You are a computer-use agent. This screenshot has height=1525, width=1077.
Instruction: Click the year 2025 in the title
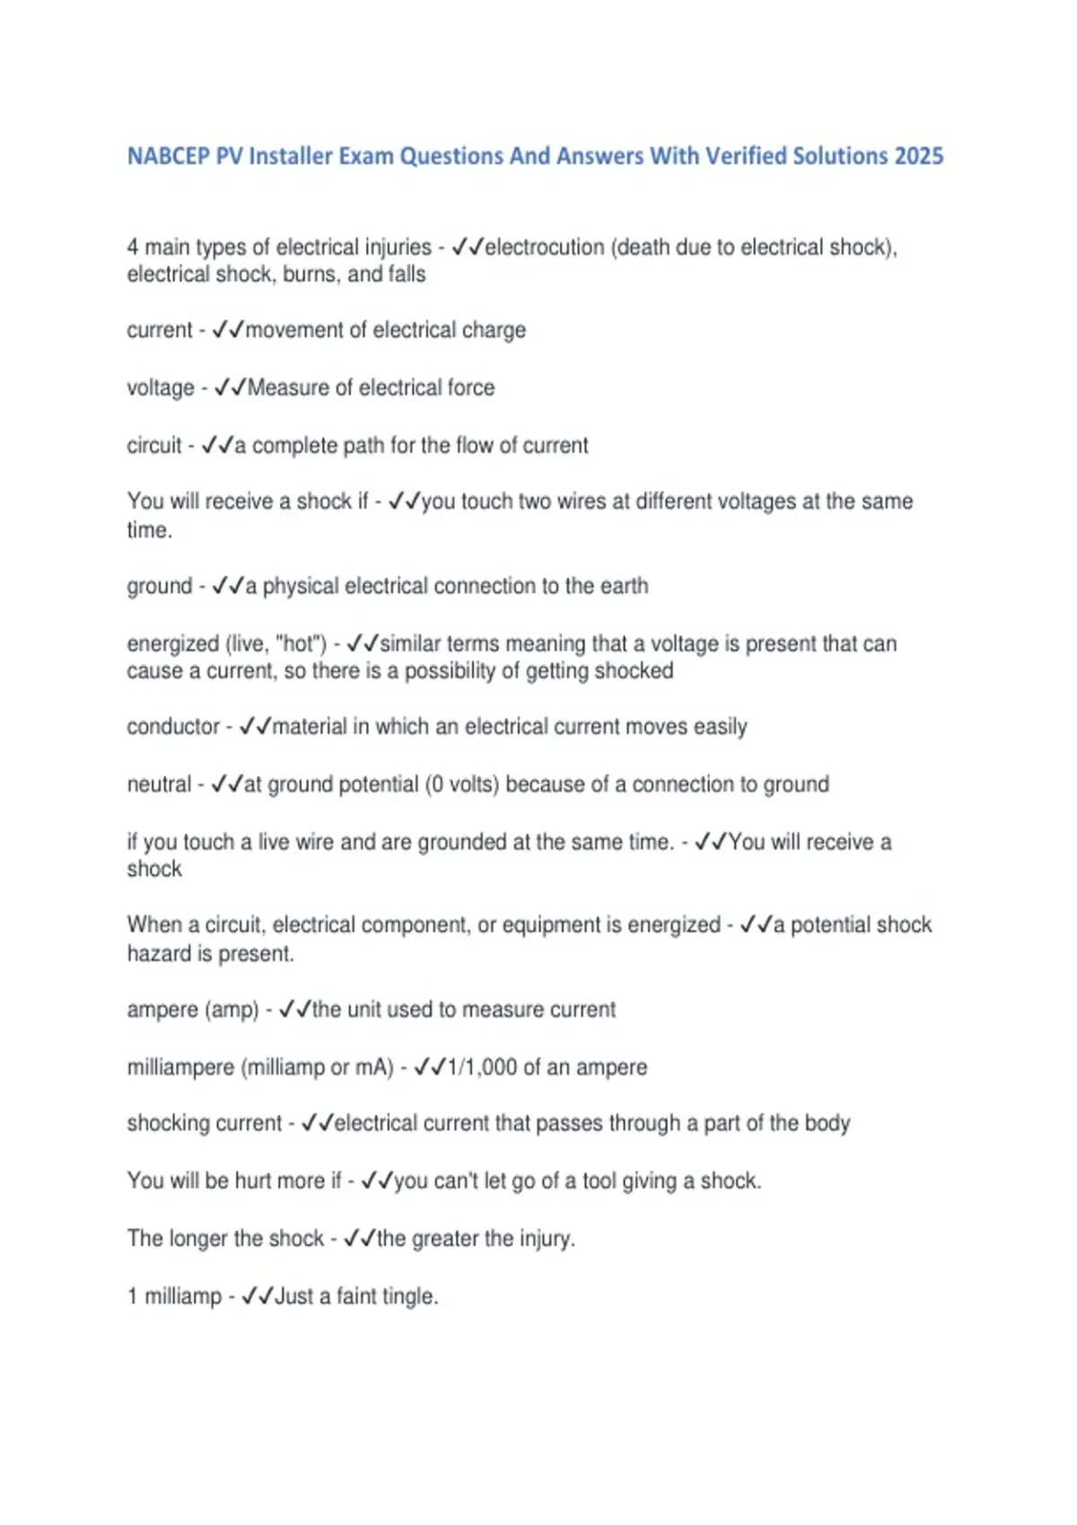coord(918,156)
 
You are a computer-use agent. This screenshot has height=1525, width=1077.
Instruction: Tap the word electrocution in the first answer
coord(545,247)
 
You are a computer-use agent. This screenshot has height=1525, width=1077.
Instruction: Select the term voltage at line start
coord(161,388)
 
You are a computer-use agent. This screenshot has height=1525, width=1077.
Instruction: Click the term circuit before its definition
coord(154,445)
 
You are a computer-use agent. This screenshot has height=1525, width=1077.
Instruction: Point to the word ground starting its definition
coord(160,587)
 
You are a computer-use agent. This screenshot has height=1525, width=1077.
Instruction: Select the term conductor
coord(173,727)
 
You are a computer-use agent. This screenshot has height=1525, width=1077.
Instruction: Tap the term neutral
coord(159,784)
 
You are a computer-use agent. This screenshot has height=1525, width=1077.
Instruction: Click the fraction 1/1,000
coord(482,1067)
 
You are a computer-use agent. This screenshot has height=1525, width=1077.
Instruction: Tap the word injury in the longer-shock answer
coord(545,1239)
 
